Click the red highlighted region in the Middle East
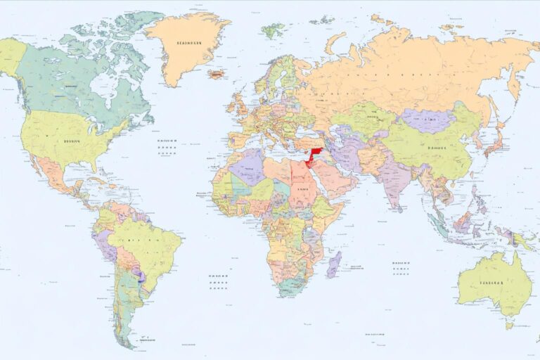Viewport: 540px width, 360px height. (313, 155)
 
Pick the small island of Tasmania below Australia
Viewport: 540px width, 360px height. (509, 325)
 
